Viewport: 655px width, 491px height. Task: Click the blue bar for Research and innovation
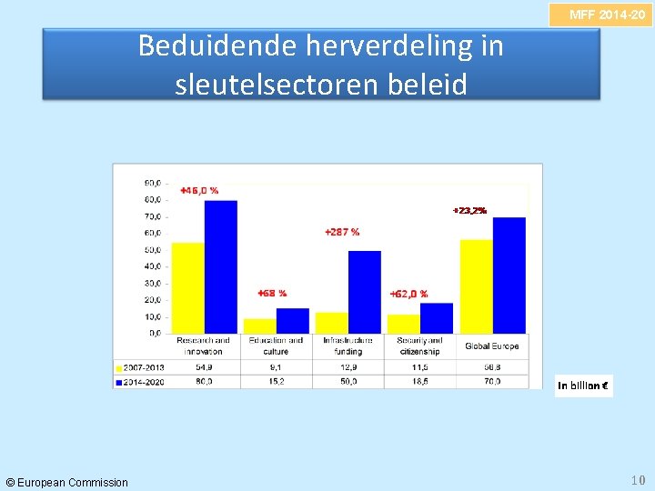pos(221,266)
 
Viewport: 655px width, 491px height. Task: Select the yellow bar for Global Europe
pos(476,286)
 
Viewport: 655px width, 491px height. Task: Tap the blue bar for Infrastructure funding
pos(365,292)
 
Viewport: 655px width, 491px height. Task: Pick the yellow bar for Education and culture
pos(259,326)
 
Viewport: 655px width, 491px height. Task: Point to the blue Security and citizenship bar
pos(437,318)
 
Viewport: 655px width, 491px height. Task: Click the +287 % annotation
pos(342,232)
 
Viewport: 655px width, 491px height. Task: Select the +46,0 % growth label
pos(198,190)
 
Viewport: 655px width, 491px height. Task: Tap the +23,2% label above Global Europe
pos(469,210)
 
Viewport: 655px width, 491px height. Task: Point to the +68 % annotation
pos(272,293)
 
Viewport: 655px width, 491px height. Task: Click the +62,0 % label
pos(408,294)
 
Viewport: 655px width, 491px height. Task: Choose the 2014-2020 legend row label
pos(142,382)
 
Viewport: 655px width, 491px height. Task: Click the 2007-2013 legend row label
pos(142,367)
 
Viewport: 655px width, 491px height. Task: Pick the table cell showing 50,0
pos(348,382)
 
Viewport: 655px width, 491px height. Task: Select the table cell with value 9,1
pos(276,367)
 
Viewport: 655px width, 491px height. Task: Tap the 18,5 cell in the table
pos(419,382)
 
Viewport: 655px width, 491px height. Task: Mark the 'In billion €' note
pos(584,386)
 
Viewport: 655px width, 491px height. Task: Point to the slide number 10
pos(637,479)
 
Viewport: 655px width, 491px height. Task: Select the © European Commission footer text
pos(67,482)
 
